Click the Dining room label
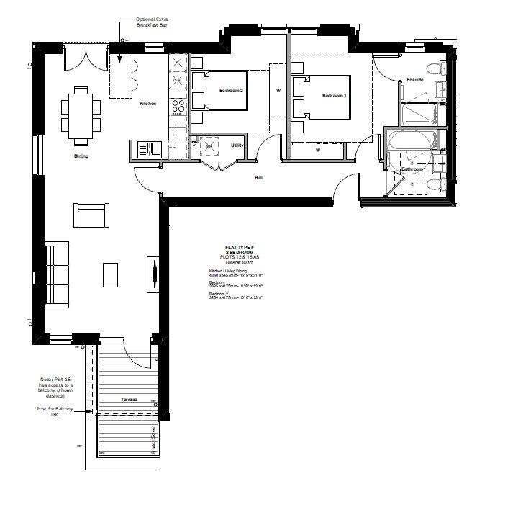(81, 156)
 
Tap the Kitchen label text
(148, 104)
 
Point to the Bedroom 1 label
(334, 96)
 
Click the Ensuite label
(414, 79)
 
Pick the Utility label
(237, 145)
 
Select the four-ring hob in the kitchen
(178, 107)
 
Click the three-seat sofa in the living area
(56, 274)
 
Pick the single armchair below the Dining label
(91, 215)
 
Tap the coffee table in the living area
(110, 274)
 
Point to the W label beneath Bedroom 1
(317, 151)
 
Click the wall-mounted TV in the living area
(153, 274)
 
